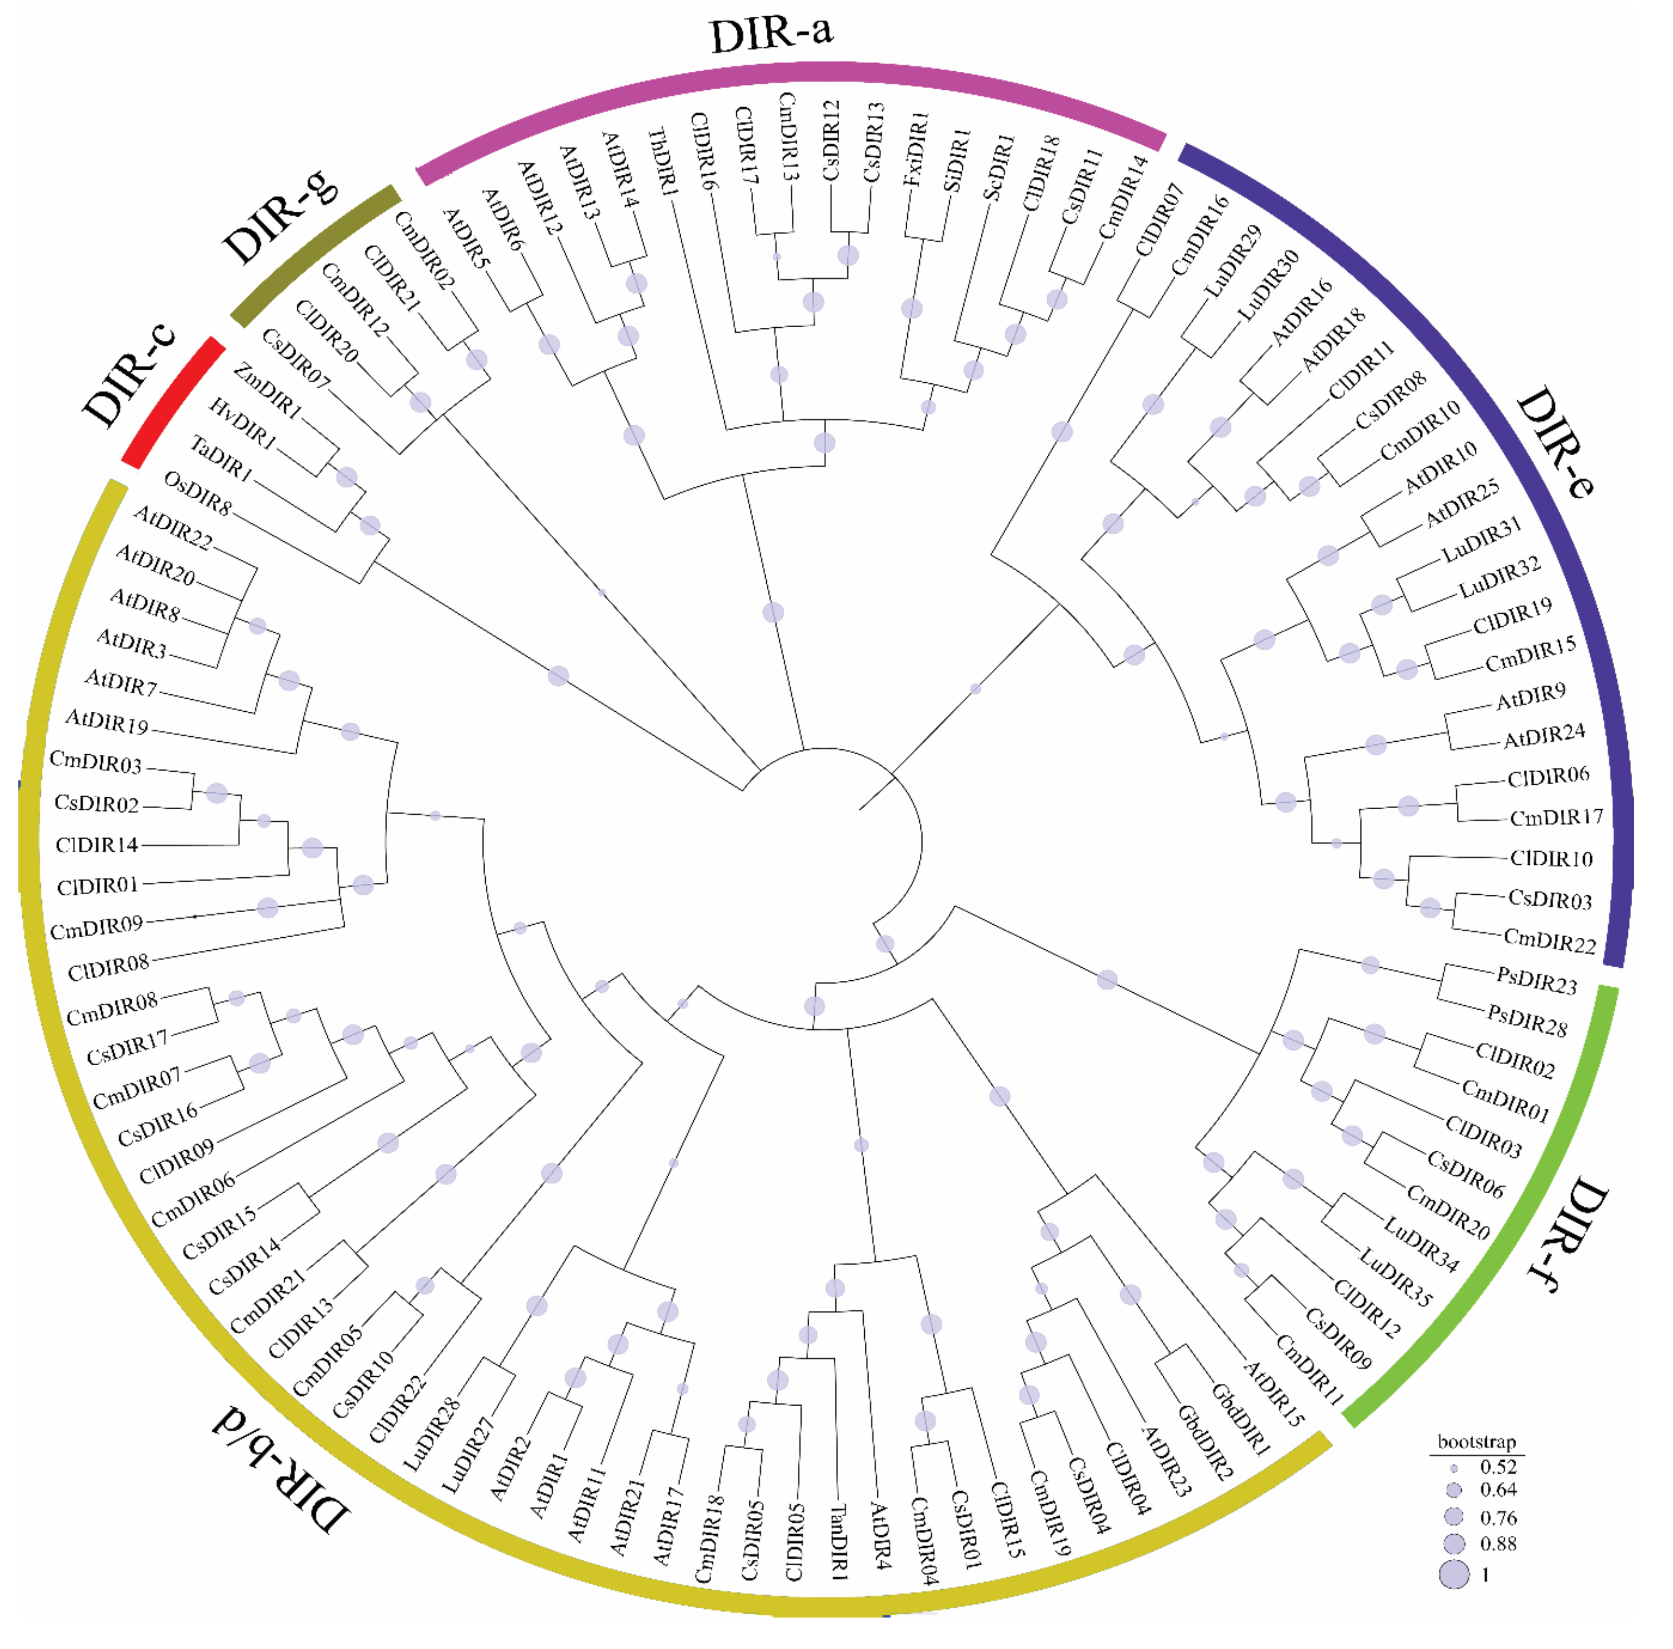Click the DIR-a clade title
pos(771,35)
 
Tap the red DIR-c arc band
pos(173,403)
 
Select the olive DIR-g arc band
pos(316,255)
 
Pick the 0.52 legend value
pos(1498,1466)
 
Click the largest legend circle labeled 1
pos(1455,1573)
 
